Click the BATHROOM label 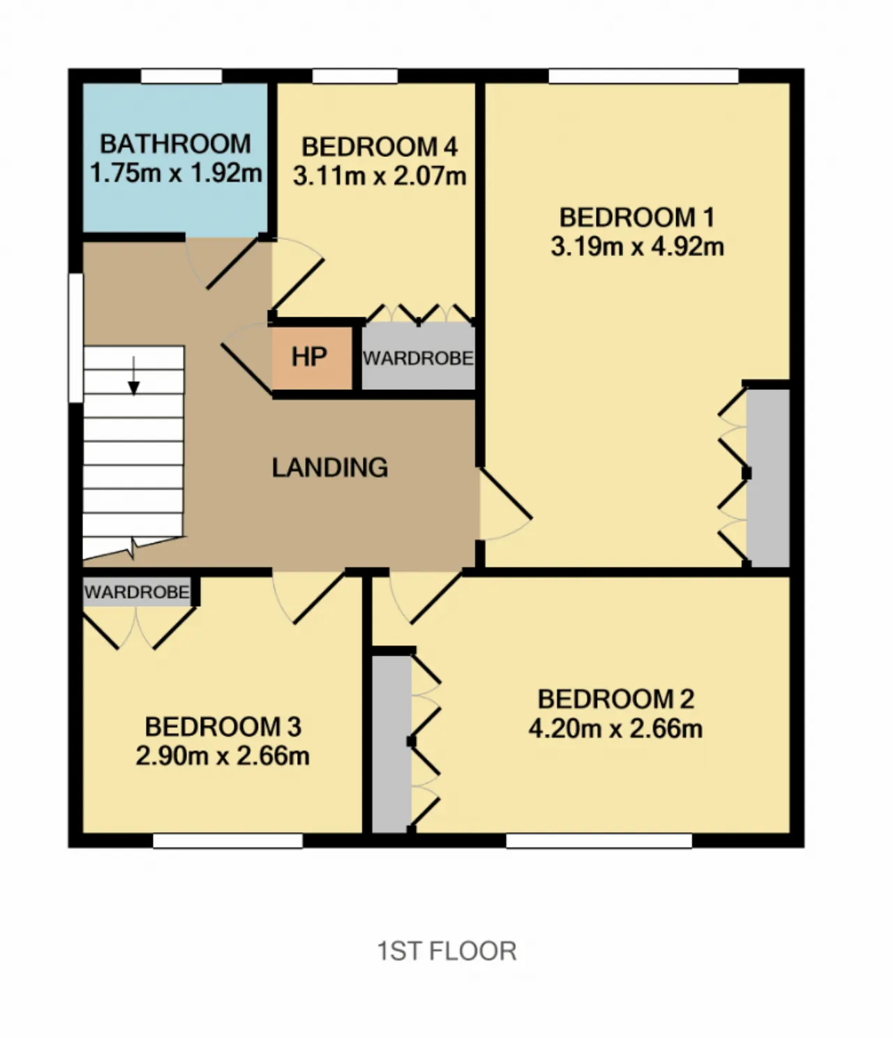click(175, 144)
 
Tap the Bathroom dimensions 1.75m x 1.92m click(176, 173)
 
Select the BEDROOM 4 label click(380, 147)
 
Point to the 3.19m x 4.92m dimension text click(638, 246)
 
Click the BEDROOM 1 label click(637, 218)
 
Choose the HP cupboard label click(309, 357)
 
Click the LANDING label click(330, 467)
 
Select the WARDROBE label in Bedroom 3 click(137, 592)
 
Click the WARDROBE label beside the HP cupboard click(418, 358)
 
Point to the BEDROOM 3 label click(223, 727)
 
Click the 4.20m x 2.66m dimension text click(615, 728)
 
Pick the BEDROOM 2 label click(616, 699)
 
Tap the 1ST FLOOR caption click(446, 951)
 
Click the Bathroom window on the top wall click(181, 76)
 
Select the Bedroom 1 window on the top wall click(643, 76)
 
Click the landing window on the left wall click(76, 338)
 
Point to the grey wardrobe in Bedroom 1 click(768, 478)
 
